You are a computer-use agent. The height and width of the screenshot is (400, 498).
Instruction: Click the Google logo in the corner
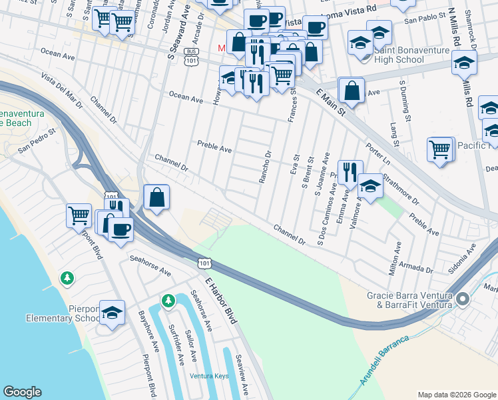pos(22,392)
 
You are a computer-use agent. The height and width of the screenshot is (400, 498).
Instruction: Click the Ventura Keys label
pos(209,376)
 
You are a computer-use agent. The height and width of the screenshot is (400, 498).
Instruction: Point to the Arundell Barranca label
pos(385,361)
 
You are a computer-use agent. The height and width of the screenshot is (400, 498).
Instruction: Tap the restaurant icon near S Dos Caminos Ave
pos(350,172)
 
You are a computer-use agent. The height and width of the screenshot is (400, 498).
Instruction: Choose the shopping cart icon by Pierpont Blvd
pos(79,215)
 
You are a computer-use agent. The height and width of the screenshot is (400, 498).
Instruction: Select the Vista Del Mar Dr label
pos(61,91)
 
